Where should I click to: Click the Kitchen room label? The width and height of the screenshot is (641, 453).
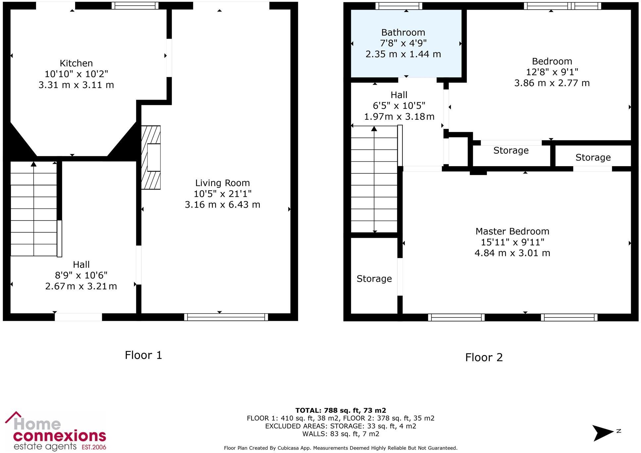click(x=76, y=63)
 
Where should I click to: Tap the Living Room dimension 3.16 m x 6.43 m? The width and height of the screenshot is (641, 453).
click(x=222, y=205)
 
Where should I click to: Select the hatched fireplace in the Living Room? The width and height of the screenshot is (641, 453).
click(x=151, y=157)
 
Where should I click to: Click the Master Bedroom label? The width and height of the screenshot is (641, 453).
click(x=512, y=231)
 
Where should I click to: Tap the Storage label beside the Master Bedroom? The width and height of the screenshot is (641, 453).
click(x=374, y=279)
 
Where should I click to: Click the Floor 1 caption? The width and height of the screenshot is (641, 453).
click(x=143, y=355)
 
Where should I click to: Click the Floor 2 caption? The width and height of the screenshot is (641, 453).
click(x=484, y=358)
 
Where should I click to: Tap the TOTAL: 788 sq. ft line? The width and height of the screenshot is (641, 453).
click(x=341, y=411)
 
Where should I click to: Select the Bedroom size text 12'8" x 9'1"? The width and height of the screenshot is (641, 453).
click(x=552, y=72)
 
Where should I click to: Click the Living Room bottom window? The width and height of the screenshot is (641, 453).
click(x=226, y=317)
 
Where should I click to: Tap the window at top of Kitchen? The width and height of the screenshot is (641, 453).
click(x=135, y=6)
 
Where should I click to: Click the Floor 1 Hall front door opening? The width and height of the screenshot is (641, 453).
click(x=78, y=317)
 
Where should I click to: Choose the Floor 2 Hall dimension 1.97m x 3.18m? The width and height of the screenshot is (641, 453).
click(x=399, y=117)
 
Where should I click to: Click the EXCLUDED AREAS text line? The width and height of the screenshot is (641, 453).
click(x=341, y=426)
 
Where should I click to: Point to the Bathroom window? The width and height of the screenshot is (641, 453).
click(x=399, y=6)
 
